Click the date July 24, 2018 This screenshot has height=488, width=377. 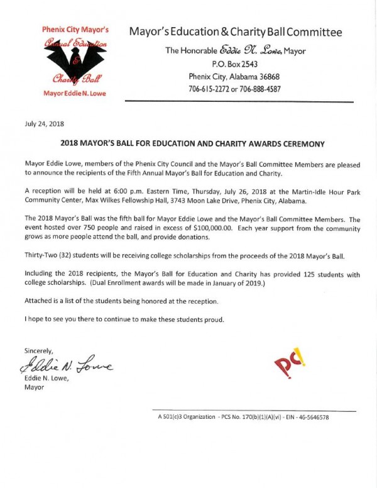point(45,124)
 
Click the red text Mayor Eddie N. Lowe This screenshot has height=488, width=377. point(74,94)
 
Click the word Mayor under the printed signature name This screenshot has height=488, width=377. point(34,387)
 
